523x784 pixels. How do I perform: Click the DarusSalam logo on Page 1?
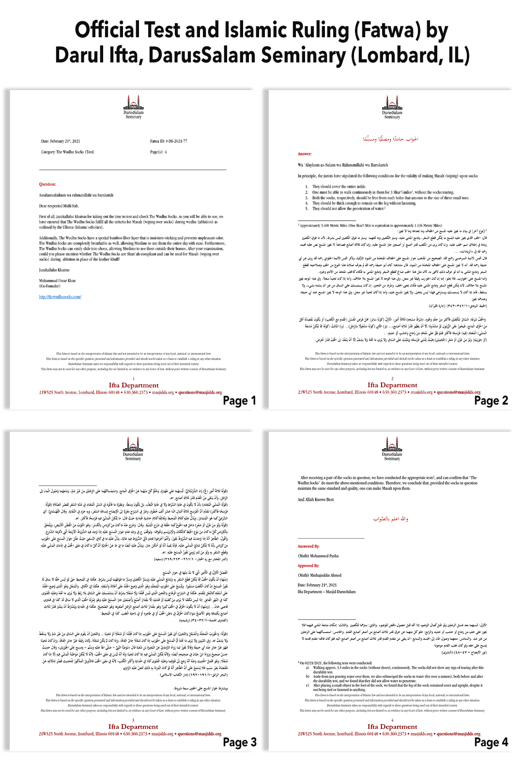(x=133, y=104)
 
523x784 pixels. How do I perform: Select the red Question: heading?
(x=47, y=184)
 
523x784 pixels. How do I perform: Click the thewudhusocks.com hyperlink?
(x=60, y=297)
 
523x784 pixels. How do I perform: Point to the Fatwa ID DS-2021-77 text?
(x=169, y=141)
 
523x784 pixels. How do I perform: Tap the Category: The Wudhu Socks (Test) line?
(x=68, y=152)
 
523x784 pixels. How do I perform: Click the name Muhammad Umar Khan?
(x=57, y=281)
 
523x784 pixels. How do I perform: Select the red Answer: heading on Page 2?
(x=305, y=154)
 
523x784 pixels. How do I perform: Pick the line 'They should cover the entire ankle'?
(x=338, y=186)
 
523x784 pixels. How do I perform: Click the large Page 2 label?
(x=491, y=401)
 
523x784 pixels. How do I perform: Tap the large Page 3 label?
(x=239, y=742)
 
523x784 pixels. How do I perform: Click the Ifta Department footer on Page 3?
(x=133, y=726)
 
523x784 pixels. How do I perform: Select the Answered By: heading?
(x=308, y=546)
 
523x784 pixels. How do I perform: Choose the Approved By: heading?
(x=308, y=566)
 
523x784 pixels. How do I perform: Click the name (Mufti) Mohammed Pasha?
(x=318, y=556)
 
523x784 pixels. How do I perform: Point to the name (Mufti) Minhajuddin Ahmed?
(x=320, y=575)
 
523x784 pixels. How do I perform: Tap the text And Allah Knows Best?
(x=315, y=499)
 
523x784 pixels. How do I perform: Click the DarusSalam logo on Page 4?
(x=392, y=445)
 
